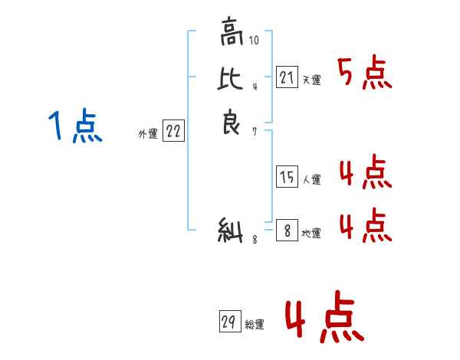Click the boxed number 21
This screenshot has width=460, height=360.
(286, 77)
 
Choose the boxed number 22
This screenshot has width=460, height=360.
(173, 131)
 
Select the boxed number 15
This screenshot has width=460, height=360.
(287, 178)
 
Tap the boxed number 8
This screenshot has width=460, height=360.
(287, 231)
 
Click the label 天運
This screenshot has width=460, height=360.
(311, 80)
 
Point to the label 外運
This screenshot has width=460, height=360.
(148, 134)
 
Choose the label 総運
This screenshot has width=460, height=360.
(255, 325)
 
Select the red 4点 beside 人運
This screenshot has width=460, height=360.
(365, 173)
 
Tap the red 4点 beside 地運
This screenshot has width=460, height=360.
(365, 225)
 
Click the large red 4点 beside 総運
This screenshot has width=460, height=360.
(324, 319)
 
